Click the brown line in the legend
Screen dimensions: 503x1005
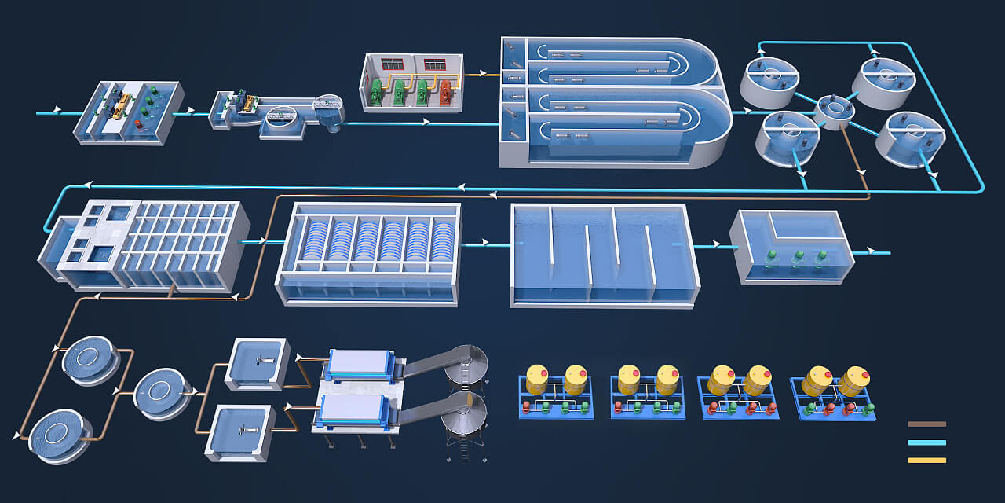pos(926,424)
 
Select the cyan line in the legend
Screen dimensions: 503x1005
pos(926,442)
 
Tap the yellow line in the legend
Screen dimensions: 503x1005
pos(926,461)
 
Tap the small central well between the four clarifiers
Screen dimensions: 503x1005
pos(835,111)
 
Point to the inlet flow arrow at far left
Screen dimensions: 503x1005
pos(57,113)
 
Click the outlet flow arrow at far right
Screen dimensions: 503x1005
pos(870,252)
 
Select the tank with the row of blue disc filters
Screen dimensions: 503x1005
pos(367,253)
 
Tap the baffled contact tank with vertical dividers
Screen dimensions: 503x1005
pos(603,255)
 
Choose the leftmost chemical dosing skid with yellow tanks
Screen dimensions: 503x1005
pos(556,391)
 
